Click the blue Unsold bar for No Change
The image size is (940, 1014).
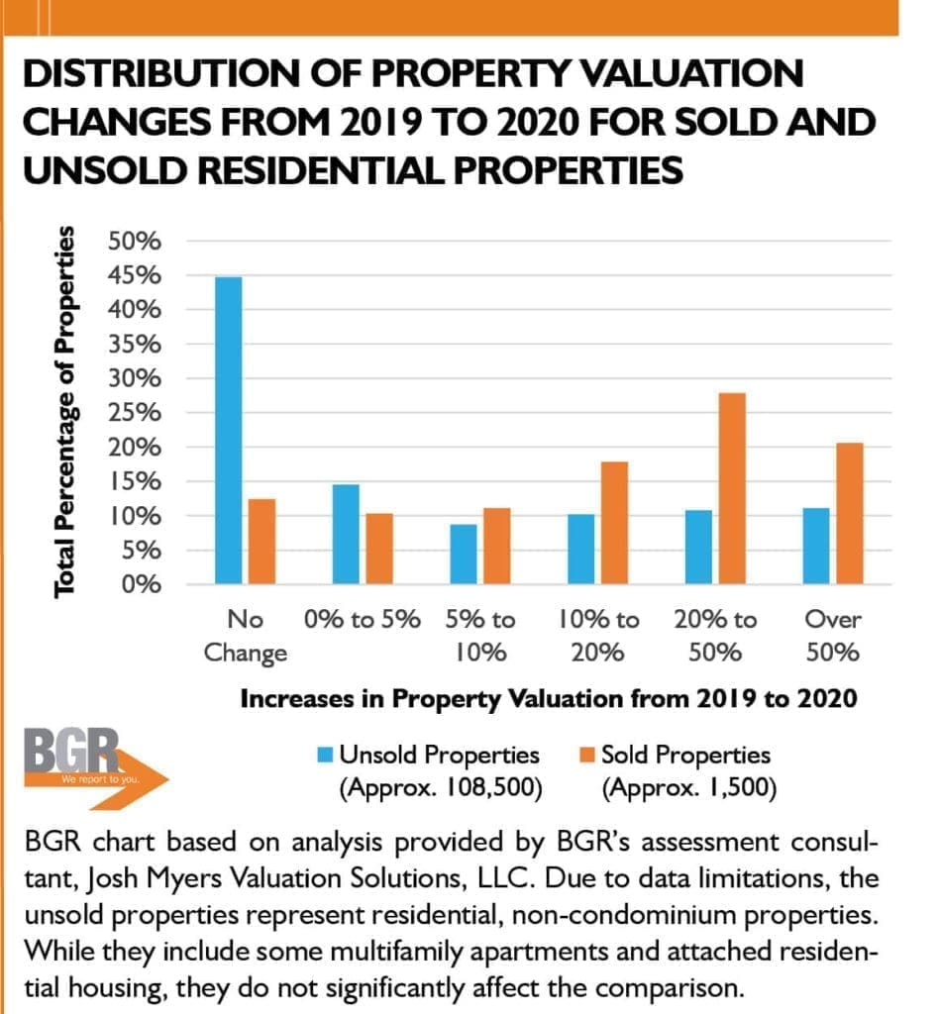coord(228,431)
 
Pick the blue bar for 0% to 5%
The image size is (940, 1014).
coord(347,535)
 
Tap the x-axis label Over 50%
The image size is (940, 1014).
coord(832,636)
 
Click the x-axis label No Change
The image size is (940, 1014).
coord(245,636)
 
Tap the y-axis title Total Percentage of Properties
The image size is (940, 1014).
coord(65,412)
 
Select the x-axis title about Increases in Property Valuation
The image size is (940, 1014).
coord(548,698)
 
